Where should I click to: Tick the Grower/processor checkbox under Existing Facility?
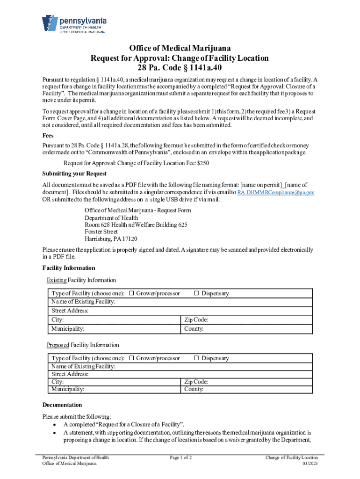132,293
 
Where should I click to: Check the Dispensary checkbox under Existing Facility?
196,293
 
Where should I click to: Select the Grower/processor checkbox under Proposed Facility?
132,358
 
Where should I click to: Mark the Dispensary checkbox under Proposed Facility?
196,358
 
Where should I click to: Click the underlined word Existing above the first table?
56,280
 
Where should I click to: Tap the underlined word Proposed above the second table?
58,345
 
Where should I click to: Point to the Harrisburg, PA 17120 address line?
111,239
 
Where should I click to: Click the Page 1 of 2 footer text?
180,457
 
